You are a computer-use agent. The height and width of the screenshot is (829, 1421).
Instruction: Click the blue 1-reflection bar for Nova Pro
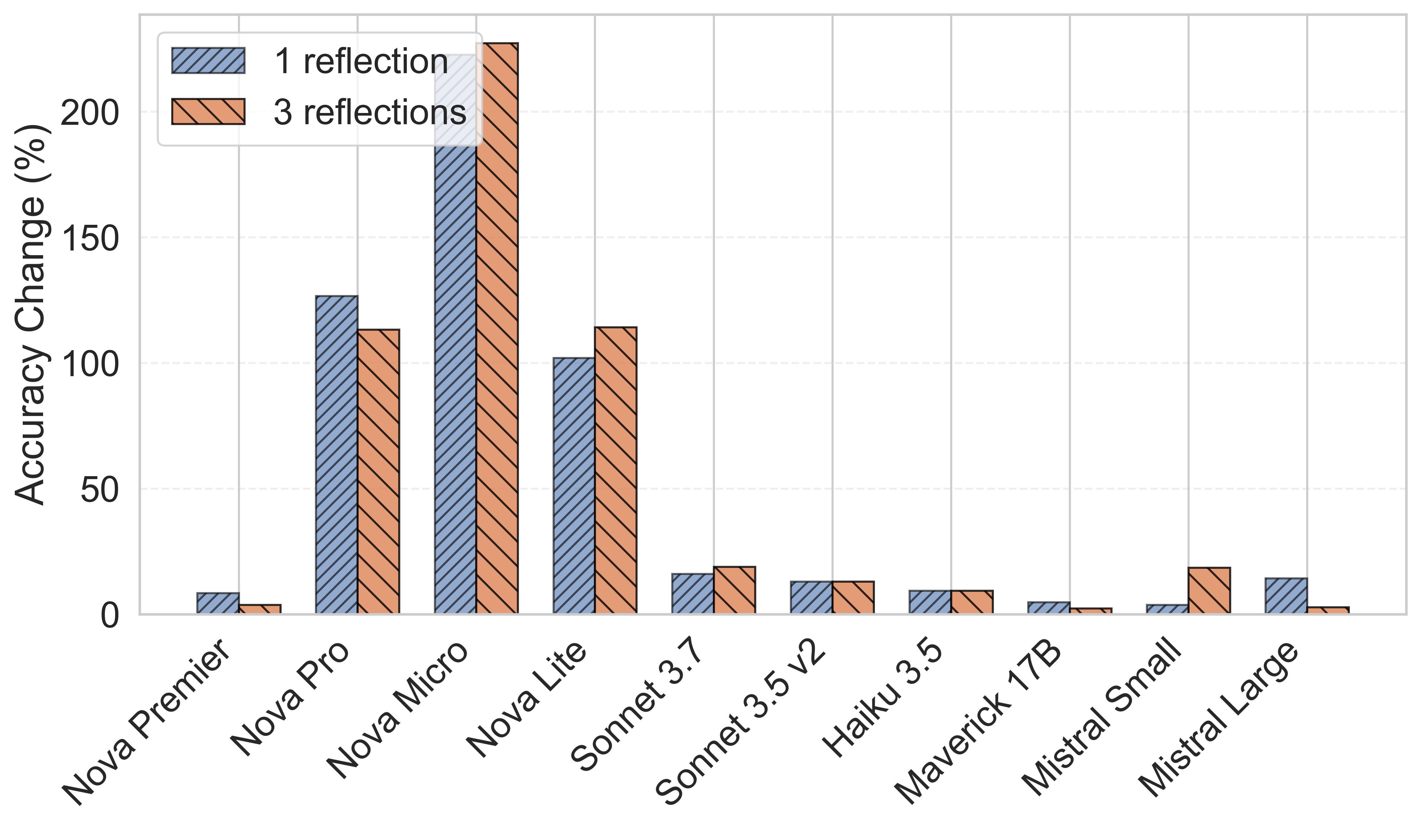point(337,455)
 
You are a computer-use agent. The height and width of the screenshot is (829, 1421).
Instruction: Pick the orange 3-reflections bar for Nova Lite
point(616,471)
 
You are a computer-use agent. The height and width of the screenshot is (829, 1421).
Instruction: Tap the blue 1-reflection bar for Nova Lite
point(574,486)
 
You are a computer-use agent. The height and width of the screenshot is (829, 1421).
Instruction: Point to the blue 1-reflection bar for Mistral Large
point(1286,596)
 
